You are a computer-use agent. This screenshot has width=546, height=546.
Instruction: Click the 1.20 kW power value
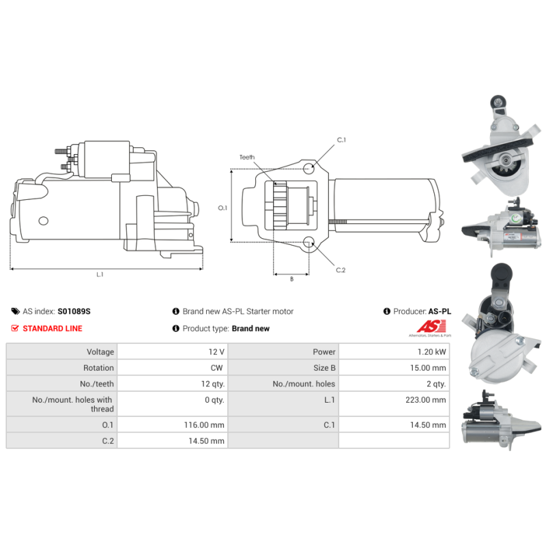click(x=431, y=351)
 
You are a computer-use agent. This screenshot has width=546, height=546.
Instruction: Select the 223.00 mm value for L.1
click(x=425, y=400)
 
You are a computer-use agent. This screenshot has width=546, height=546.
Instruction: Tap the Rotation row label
click(x=98, y=368)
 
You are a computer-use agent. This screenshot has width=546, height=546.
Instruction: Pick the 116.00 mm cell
click(x=204, y=425)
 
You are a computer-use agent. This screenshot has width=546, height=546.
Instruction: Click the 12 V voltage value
click(x=216, y=351)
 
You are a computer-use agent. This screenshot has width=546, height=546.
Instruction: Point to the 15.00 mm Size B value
click(x=428, y=368)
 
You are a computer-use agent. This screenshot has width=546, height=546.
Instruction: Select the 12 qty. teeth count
click(x=213, y=384)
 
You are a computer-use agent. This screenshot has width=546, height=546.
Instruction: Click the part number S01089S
click(x=74, y=311)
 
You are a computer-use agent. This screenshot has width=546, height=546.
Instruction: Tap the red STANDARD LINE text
click(x=53, y=328)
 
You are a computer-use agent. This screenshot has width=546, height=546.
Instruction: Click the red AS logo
click(x=431, y=327)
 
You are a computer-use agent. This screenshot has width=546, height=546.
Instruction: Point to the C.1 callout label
click(x=341, y=140)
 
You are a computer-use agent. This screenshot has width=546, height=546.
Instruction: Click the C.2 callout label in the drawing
click(x=341, y=270)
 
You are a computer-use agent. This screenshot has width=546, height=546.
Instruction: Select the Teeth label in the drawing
click(x=247, y=157)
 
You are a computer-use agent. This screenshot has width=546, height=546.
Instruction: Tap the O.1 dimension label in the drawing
click(x=222, y=208)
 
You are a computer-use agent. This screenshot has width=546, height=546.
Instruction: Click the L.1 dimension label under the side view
click(x=100, y=274)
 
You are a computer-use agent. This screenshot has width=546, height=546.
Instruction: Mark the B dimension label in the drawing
click(x=292, y=279)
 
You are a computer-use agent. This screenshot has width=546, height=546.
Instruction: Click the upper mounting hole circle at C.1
click(x=308, y=169)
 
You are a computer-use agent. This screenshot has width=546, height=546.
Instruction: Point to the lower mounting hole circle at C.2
click(x=308, y=242)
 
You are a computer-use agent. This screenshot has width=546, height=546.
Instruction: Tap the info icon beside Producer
click(x=386, y=311)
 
